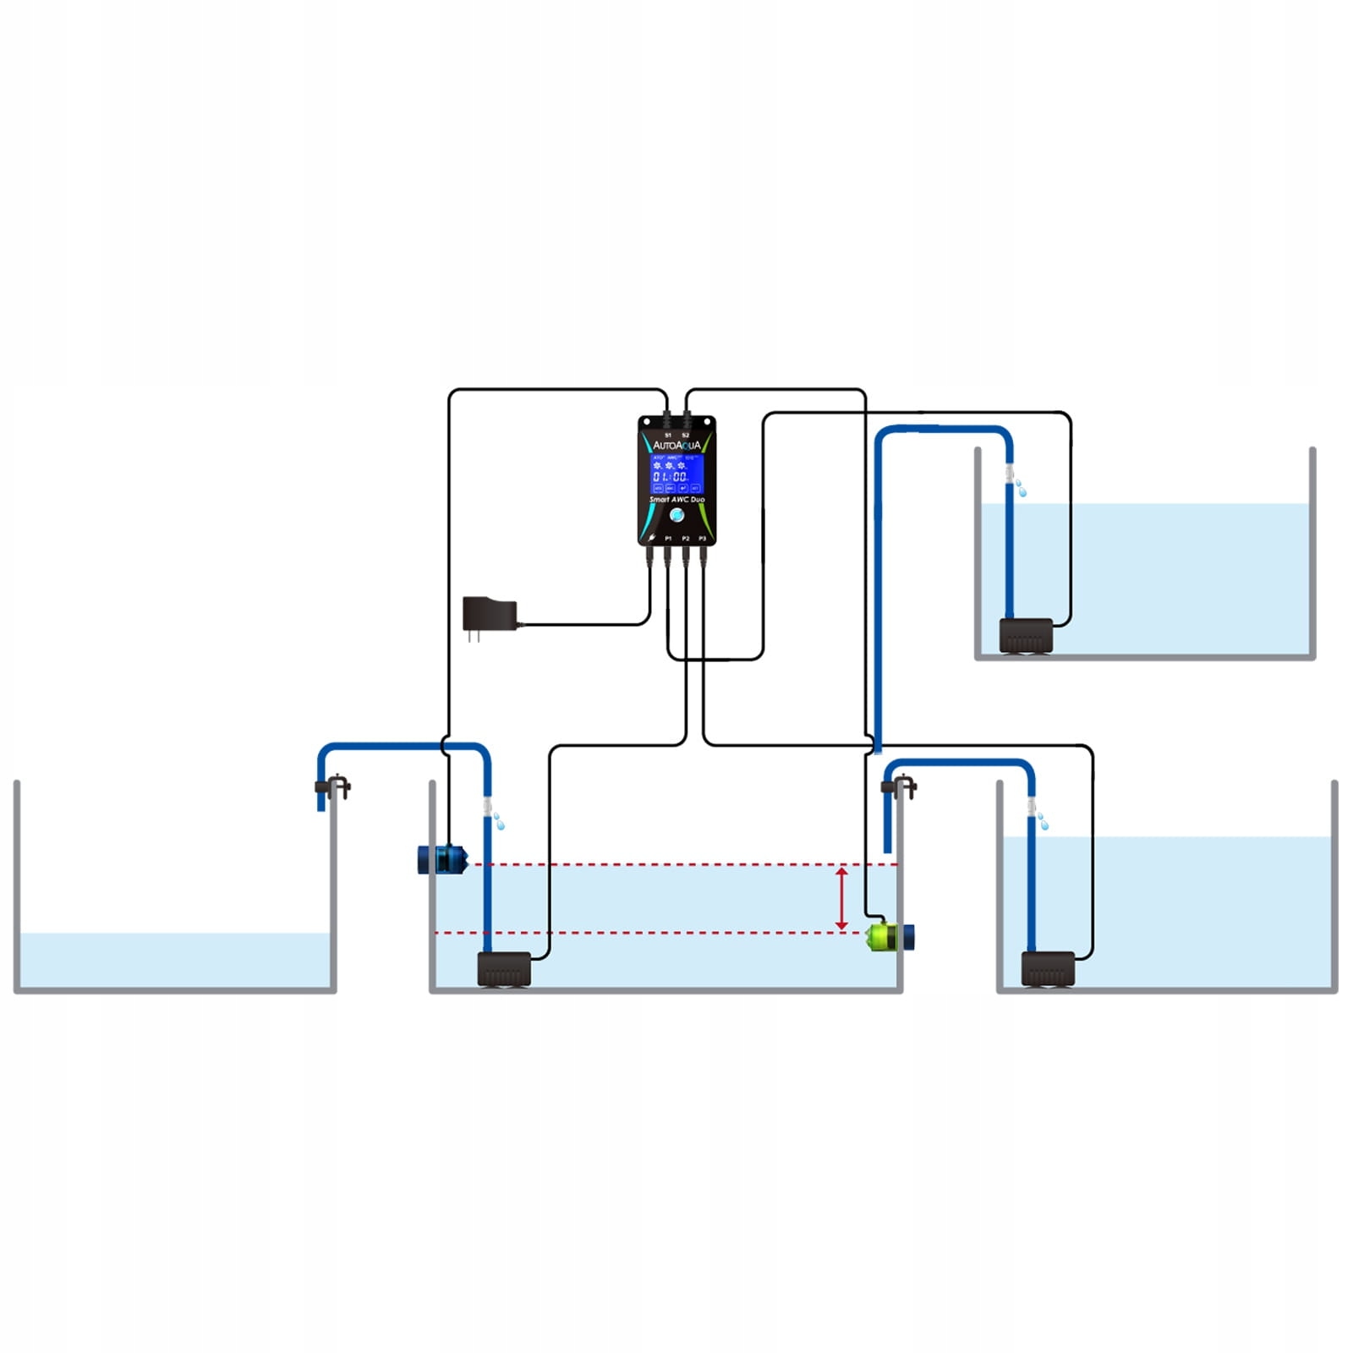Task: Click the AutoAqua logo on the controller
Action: pos(676,446)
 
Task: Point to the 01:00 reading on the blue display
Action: pos(670,477)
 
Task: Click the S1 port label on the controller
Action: pos(668,435)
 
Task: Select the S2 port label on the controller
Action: pos(686,435)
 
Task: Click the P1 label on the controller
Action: pos(668,539)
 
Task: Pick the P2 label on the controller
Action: pos(686,539)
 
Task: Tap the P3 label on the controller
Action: pos(703,539)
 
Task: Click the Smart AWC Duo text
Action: pos(676,500)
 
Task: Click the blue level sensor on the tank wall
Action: pos(442,860)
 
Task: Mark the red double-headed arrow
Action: pos(841,898)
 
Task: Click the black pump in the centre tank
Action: pos(504,969)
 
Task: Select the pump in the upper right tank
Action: pos(1026,636)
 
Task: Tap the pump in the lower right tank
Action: pos(1048,969)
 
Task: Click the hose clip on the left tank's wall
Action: pos(334,786)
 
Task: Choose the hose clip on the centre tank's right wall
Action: pos(900,786)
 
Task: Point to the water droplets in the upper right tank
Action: pos(1021,488)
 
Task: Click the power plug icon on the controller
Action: pos(651,539)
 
